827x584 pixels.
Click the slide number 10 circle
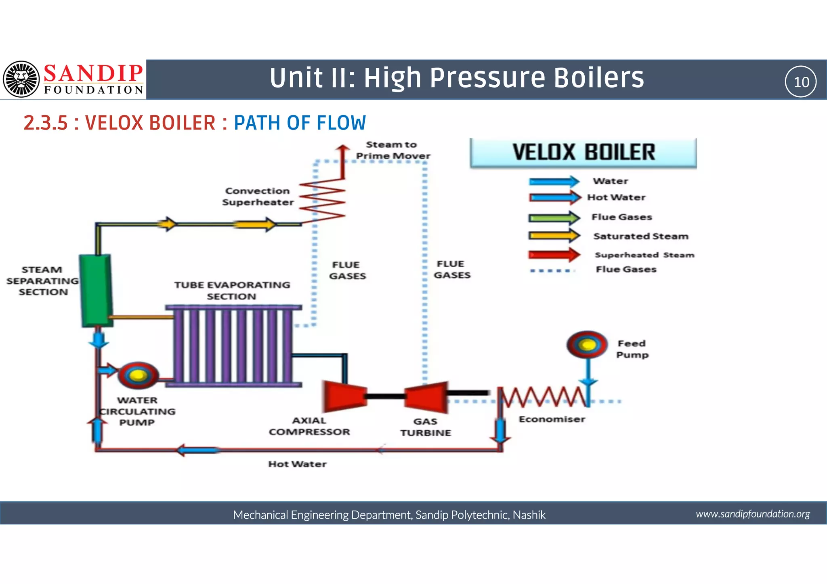tap(800, 82)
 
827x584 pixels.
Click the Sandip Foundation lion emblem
tap(21, 79)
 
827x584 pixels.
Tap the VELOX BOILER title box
tap(583, 153)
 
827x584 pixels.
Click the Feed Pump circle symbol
tap(587, 345)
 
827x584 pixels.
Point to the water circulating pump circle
tap(138, 375)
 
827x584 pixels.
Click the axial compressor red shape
tap(344, 396)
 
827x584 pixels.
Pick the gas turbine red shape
tap(427, 397)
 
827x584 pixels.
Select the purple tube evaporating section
tap(233, 346)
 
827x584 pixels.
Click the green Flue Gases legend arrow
tap(554, 218)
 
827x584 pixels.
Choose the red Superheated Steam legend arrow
tap(554, 255)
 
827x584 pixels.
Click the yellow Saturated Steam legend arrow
tap(554, 236)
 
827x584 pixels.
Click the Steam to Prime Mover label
tap(393, 150)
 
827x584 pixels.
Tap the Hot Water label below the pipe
tap(297, 464)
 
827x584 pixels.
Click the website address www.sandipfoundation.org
tap(752, 514)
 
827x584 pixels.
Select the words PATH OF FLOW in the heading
tap(300, 123)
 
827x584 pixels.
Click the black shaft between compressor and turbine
tap(385, 396)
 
